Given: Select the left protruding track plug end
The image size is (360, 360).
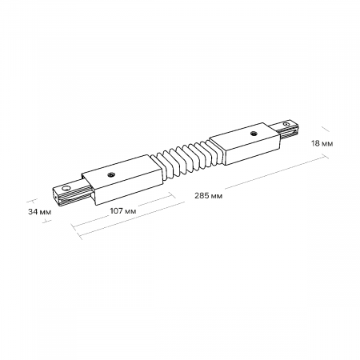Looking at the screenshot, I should tap(68, 192).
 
